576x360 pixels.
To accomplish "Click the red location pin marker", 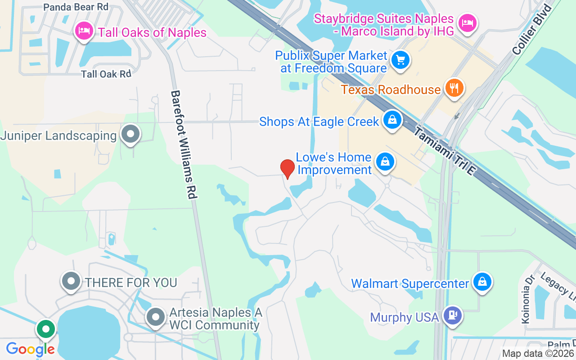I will coord(288,168).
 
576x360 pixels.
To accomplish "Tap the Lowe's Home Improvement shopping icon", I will coord(385,162).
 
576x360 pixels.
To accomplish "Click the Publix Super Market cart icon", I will coord(399,60).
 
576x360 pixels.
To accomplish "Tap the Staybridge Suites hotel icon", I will coord(468,22).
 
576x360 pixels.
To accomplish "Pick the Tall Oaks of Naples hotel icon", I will coord(84,31).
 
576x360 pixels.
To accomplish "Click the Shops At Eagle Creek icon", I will coord(392,120).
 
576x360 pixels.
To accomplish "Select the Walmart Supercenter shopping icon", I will coord(482,282).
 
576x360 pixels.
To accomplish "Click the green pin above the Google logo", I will coord(46,329).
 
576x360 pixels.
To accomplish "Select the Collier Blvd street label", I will coord(532,29).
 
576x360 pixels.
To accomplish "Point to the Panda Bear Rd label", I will coord(76,7).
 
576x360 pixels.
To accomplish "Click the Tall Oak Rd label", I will coord(106,74).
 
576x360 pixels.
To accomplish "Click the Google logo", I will coord(30,349).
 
